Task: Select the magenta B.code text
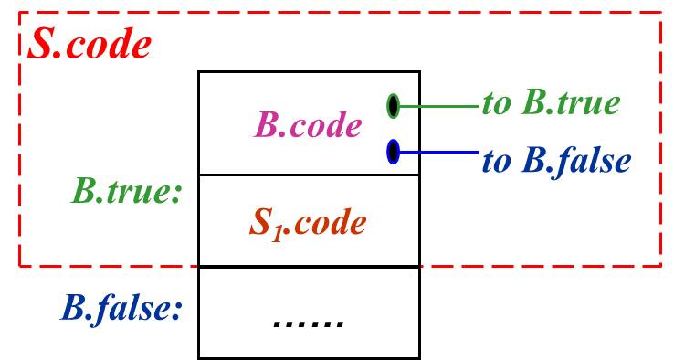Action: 308,125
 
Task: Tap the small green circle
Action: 393,106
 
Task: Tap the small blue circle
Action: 393,152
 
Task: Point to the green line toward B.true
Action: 439,106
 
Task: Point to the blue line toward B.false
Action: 439,152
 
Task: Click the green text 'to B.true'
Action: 551,103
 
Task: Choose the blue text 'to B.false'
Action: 556,162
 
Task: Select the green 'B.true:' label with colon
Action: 127,192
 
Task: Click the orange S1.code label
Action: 308,223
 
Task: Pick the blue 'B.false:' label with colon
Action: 121,309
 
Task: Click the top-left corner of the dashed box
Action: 20,14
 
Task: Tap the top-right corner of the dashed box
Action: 660,14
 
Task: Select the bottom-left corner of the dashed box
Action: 20,266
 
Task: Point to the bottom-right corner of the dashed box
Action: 660,266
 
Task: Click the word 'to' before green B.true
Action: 496,104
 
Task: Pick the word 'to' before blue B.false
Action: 496,163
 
